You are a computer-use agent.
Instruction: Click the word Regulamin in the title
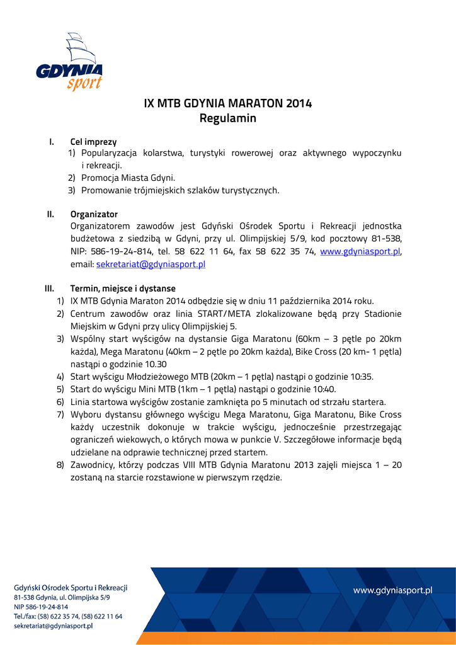coord(228,118)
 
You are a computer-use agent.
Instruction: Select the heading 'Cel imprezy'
coord(93,142)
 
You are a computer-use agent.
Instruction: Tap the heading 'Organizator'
coord(94,214)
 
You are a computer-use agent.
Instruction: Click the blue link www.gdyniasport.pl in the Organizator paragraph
coord(360,252)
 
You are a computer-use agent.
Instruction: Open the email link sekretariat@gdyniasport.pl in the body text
coord(151,265)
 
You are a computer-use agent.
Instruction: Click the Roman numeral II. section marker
coord(50,214)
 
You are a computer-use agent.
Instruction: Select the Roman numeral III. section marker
coord(49,288)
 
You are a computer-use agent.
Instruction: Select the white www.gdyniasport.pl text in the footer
coord(393,590)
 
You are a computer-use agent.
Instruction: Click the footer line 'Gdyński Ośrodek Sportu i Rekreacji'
coord(71,588)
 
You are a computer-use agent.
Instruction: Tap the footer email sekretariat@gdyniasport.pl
coord(54,626)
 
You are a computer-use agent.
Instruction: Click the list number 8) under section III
coord(60,465)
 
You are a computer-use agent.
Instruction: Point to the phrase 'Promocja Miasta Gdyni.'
coord(128,178)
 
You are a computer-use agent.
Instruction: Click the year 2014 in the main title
coord(299,103)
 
